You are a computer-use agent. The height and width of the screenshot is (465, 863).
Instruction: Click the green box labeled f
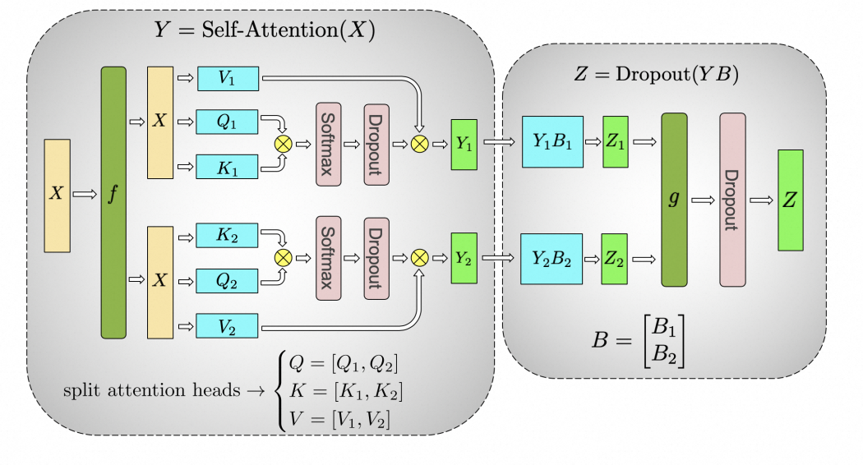113,202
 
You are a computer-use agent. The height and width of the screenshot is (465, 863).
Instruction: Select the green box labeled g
674,200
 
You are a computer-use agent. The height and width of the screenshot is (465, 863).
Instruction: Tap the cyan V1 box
228,79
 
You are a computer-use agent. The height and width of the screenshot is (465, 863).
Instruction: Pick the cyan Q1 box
228,122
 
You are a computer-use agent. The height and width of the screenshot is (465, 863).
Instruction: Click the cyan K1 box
228,167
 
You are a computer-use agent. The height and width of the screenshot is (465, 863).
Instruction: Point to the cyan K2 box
228,235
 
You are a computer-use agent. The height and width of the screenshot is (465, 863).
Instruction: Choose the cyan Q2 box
228,280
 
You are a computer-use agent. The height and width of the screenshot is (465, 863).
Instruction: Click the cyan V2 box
228,325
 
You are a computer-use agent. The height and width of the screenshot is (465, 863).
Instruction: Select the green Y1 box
464,144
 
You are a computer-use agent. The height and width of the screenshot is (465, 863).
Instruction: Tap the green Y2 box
464,257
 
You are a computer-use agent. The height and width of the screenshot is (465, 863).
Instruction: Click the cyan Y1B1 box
552,142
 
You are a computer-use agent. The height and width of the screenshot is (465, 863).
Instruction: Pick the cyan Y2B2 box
552,258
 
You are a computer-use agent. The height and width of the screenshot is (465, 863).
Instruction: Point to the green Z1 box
616,142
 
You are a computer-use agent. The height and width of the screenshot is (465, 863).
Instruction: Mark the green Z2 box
616,258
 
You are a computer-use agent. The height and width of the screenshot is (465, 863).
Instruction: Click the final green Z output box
791,200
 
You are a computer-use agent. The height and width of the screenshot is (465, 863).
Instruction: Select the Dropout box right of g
732,200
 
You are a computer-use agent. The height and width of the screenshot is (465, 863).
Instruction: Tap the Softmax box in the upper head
328,144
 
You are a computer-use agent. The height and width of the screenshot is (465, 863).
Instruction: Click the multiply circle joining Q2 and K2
283,257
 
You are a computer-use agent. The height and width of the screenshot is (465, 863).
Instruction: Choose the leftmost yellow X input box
57,195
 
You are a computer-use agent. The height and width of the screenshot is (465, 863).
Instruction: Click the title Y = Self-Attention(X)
265,30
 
